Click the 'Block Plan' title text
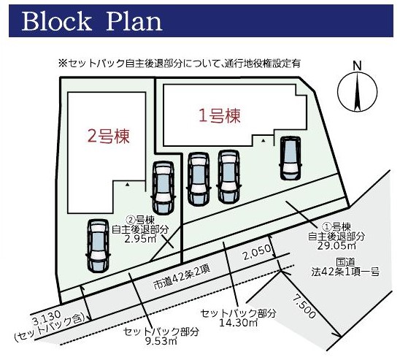click(92, 21)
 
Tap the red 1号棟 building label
click(220, 116)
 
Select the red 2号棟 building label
click(109, 136)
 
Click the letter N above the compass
click(357, 66)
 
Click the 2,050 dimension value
click(257, 253)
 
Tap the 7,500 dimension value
click(304, 306)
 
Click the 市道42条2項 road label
click(182, 277)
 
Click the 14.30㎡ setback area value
click(238, 323)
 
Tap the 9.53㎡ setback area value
click(161, 341)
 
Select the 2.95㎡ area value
click(140, 239)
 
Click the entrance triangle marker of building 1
click(264, 140)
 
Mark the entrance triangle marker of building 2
click(128, 185)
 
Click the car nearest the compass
click(291, 158)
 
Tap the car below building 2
click(98, 245)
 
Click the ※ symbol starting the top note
click(63, 64)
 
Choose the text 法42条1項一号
click(345, 272)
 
